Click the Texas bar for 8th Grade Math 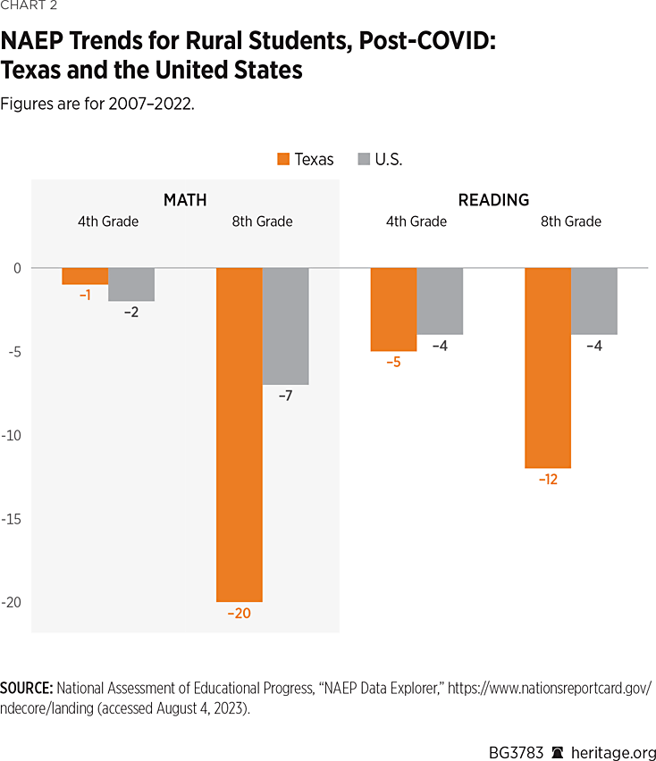[239, 435]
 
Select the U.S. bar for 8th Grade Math [285, 326]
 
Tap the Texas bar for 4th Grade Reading [393, 309]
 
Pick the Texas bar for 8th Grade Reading [547, 368]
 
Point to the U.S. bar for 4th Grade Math [131, 284]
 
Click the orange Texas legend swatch [283, 160]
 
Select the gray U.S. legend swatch [363, 160]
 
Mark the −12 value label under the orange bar [547, 480]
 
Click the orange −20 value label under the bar [239, 614]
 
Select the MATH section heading [185, 200]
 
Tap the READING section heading [493, 200]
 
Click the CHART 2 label [28, 8]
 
